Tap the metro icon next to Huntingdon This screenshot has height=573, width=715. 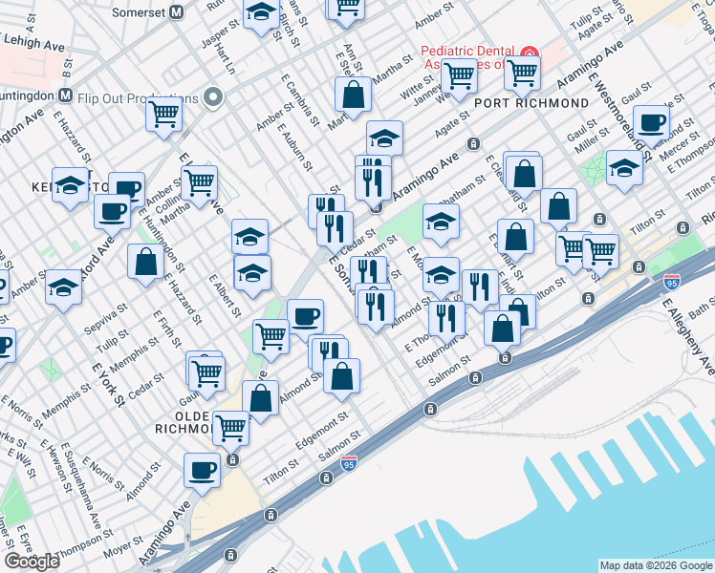pyautogui.click(x=66, y=95)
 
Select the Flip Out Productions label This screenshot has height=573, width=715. pyautogui.click(x=141, y=97)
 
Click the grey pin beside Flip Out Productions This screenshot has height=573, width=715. pyautogui.click(x=212, y=97)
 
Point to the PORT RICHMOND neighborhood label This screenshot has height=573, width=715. pyautogui.click(x=531, y=102)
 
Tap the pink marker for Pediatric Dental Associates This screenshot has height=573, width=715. pyautogui.click(x=530, y=56)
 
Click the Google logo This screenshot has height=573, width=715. pyautogui.click(x=32, y=561)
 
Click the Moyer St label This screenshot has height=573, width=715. pyautogui.click(x=123, y=551)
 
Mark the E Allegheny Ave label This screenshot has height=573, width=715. pyautogui.click(x=687, y=335)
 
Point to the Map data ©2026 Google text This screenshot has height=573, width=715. pyautogui.click(x=656, y=565)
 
